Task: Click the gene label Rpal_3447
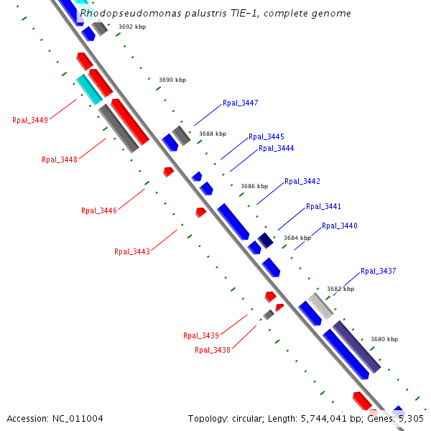pyautogui.click(x=240, y=103)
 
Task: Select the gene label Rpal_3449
pyautogui.click(x=30, y=120)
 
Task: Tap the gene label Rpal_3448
pyautogui.click(x=60, y=159)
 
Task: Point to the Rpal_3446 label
pyautogui.click(x=99, y=210)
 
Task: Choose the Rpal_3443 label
pyautogui.click(x=132, y=251)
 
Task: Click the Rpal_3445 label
pyautogui.click(x=267, y=136)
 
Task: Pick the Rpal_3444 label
pyautogui.click(x=276, y=148)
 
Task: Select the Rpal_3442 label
pyautogui.click(x=302, y=181)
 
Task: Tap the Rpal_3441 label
pyautogui.click(x=323, y=206)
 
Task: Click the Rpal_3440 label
pyautogui.click(x=340, y=226)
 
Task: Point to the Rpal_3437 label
pyautogui.click(x=379, y=271)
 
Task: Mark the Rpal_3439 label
pyautogui.click(x=201, y=335)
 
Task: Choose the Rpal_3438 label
pyautogui.click(x=213, y=350)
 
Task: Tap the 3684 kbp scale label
pyautogui.click(x=297, y=238)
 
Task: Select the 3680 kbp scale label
pyautogui.click(x=384, y=339)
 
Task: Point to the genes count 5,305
pyautogui.click(x=410, y=418)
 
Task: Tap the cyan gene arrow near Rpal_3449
pyautogui.click(x=89, y=88)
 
